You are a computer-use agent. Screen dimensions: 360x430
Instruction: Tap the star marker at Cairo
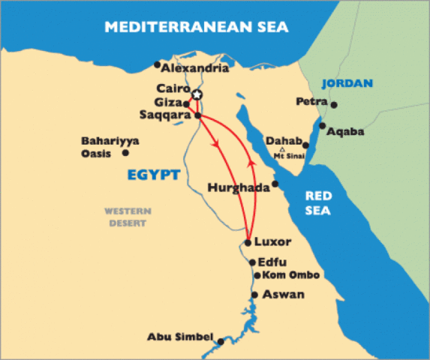pos(197,94)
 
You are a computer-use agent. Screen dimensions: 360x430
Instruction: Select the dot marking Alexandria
pos(157,64)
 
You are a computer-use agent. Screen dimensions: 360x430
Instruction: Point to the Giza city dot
pos(186,103)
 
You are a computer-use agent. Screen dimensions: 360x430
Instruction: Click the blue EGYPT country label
pos(153,175)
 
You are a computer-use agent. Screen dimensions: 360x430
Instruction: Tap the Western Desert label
pos(128,217)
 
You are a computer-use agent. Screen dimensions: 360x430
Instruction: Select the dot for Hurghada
pos(275,184)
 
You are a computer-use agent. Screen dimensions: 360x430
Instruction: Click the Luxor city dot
pos(248,242)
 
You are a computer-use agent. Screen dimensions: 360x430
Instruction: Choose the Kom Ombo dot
pos(257,275)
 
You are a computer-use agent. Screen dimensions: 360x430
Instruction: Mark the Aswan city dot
pos(255,295)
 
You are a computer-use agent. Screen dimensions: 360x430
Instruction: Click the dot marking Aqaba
pos(323,125)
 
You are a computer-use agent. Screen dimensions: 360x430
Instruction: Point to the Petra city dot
pos(334,104)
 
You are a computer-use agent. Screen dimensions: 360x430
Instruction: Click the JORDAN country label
pos(347,83)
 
